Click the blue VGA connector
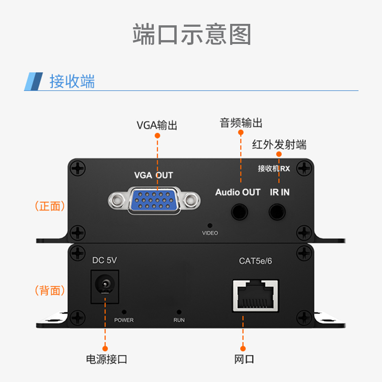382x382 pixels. pyautogui.click(x=154, y=200)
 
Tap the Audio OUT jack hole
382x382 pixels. pyautogui.click(x=240, y=212)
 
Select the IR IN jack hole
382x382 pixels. pyautogui.click(x=277, y=212)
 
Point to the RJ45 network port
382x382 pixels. pyautogui.click(x=255, y=296)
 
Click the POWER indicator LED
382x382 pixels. pyautogui.click(x=124, y=312)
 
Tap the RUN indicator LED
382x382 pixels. pyautogui.click(x=179, y=312)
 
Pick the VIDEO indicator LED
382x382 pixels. pyautogui.click(x=210, y=225)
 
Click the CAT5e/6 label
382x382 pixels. pyautogui.click(x=255, y=261)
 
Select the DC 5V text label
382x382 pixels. pyautogui.click(x=105, y=260)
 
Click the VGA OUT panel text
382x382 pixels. pyautogui.click(x=153, y=175)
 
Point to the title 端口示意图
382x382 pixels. pyautogui.click(x=192, y=34)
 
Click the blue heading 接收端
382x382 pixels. pyautogui.click(x=72, y=81)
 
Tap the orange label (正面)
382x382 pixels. pyautogui.click(x=50, y=206)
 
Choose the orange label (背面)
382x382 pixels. pyautogui.click(x=50, y=290)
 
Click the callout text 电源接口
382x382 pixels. pyautogui.click(x=106, y=360)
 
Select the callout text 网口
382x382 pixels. pyautogui.click(x=244, y=360)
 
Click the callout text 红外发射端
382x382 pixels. pyautogui.click(x=279, y=145)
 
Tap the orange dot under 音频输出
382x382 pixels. pyautogui.click(x=241, y=133)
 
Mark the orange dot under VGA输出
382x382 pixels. pyautogui.click(x=158, y=136)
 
